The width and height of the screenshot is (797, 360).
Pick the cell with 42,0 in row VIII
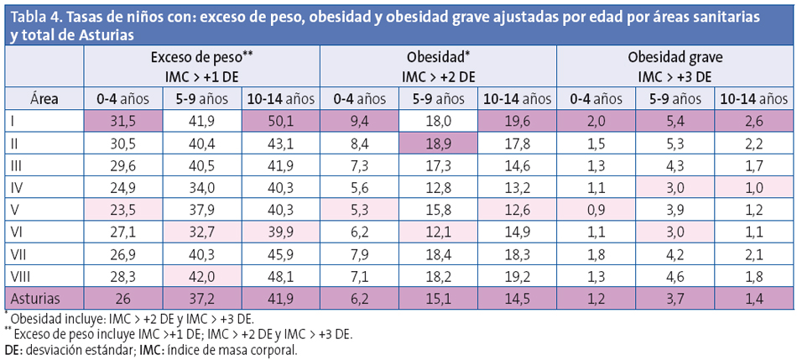pyautogui.click(x=201, y=275)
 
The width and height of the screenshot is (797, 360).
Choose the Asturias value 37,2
pyautogui.click(x=201, y=298)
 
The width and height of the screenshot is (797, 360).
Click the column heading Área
pyautogui.click(x=43, y=98)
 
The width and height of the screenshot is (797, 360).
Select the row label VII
pyautogui.click(x=18, y=253)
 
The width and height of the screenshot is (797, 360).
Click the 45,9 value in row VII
pyautogui.click(x=279, y=253)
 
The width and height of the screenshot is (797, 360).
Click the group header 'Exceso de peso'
pyautogui.click(x=201, y=58)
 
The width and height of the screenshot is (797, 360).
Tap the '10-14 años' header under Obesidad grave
pyautogui.click(x=753, y=98)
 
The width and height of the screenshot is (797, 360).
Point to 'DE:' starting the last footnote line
pyautogui.click(x=14, y=349)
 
